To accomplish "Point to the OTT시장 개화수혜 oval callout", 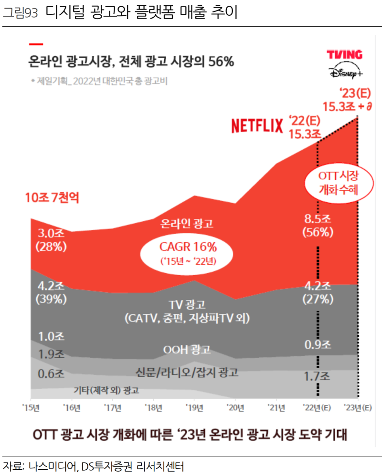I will pos(339,182).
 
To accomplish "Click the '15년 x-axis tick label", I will pos(31,407).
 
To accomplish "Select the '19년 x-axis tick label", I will pos(194,407).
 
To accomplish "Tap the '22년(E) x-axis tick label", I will pos(317,407).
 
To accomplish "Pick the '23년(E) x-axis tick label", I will pos(358,407).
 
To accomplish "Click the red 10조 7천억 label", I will pos(52,197).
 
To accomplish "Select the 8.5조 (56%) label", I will pos(317,226).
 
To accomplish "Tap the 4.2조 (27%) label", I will pos(317,293).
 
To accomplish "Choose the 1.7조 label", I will pos(317,377).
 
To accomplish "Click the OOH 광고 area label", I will pos(187,350).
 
